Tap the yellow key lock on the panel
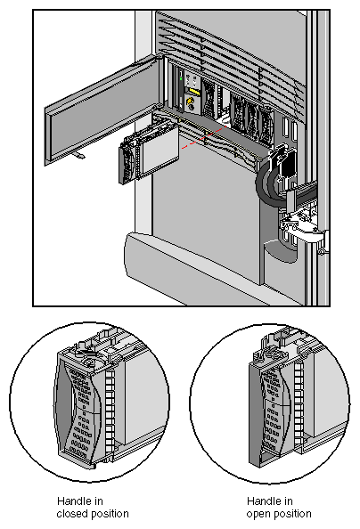tap(190, 103)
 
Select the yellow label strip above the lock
tap(192, 90)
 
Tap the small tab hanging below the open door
tap(81, 158)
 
